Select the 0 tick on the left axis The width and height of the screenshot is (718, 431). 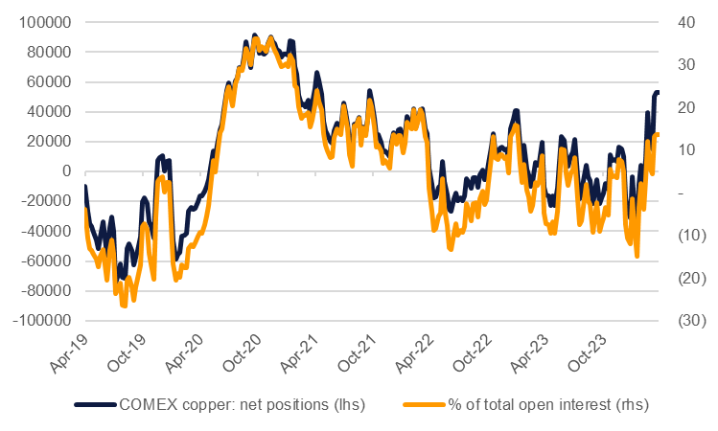pyautogui.click(x=67, y=171)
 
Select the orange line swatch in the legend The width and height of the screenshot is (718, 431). pyautogui.click(x=420, y=404)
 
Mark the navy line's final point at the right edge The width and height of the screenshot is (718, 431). pyautogui.click(x=658, y=93)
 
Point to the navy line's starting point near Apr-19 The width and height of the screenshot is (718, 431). pyautogui.click(x=85, y=186)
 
